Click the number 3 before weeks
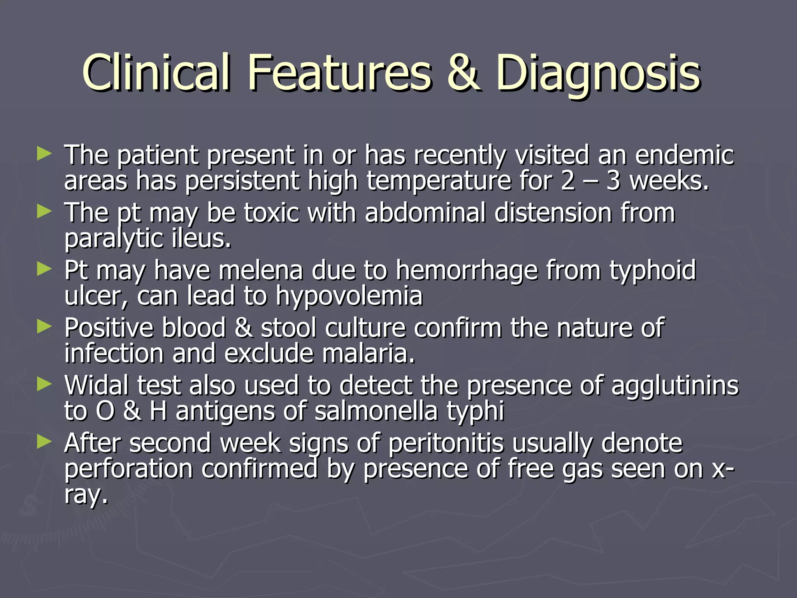[613, 181]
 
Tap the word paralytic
[113, 238]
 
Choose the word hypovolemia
[349, 296]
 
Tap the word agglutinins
[674, 386]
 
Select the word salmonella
[376, 411]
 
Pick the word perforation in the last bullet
[128, 469]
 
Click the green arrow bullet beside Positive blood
[44, 327]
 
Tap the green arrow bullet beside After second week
[44, 441]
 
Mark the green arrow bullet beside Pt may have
[44, 269]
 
